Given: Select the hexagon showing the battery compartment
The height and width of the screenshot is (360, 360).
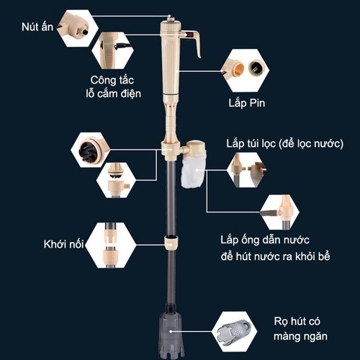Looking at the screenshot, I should [246, 70].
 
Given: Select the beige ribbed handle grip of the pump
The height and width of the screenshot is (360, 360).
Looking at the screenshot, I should [171, 65].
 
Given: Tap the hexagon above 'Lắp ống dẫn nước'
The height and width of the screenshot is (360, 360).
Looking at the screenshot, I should [279, 210].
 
